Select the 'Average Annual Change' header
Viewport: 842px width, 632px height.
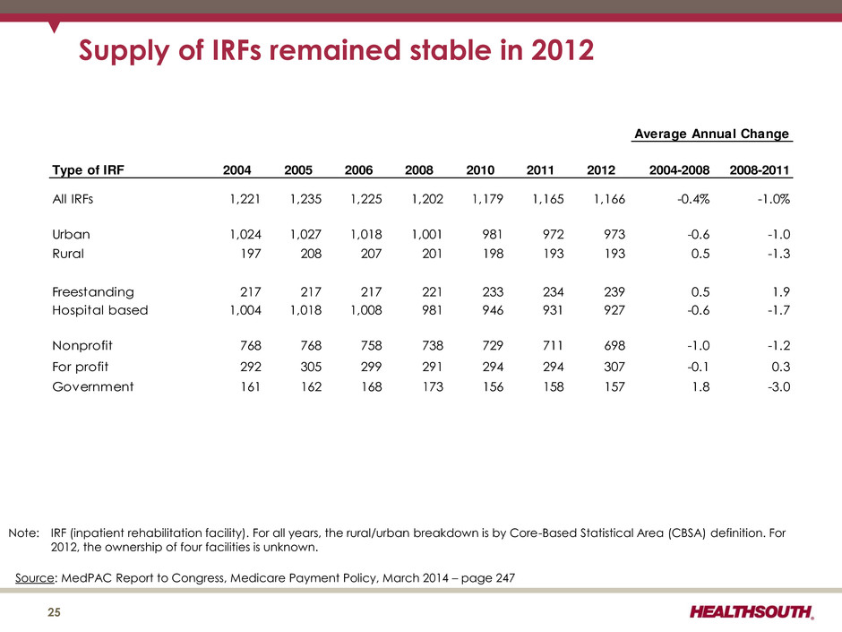pyautogui.click(x=711, y=134)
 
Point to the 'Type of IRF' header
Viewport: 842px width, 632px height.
pyautogui.click(x=90, y=169)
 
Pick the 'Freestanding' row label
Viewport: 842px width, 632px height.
pyautogui.click(x=94, y=291)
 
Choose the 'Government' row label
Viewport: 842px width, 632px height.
pyautogui.click(x=93, y=387)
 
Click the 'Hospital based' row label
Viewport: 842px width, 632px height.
pyautogui.click(x=100, y=310)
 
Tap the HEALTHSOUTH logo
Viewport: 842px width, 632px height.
pyautogui.click(x=752, y=612)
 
